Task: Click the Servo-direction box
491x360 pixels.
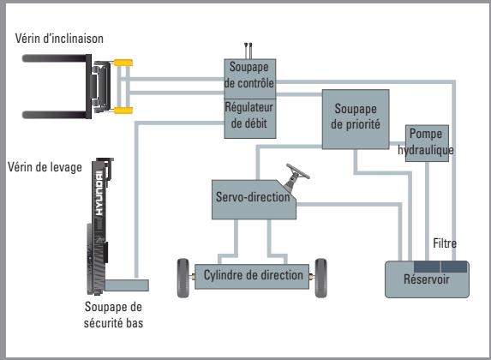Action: click(x=254, y=200)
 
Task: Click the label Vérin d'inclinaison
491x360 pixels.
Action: click(x=57, y=38)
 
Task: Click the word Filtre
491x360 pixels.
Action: click(x=445, y=244)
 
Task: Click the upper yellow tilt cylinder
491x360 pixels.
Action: click(x=123, y=63)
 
